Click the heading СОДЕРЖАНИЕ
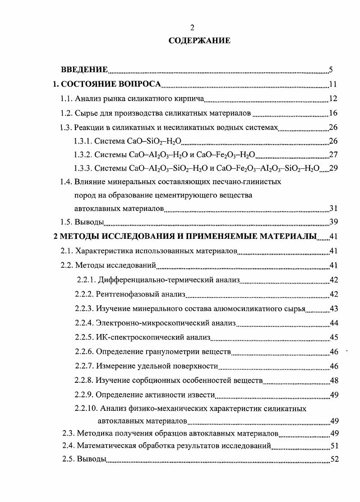[x=199, y=41]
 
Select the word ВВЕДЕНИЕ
[x=84, y=70]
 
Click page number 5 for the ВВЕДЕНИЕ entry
[x=331, y=70]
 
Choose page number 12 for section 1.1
[x=333, y=98]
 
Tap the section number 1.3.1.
[x=83, y=141]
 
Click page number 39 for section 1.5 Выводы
[x=333, y=222]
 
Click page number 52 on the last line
[x=334, y=460]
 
